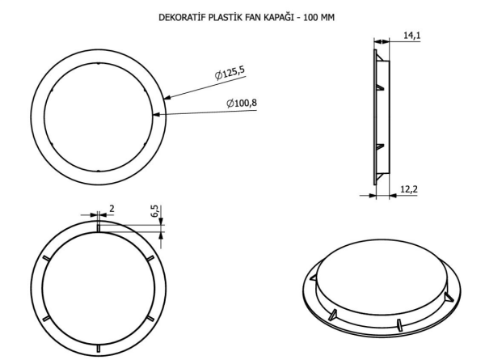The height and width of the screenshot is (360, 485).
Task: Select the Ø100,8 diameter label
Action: pos(242,103)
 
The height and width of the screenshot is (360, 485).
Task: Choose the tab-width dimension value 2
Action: pos(112,208)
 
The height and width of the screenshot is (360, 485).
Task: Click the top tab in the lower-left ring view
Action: pos(97,227)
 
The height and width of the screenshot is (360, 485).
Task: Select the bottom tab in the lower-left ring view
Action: pos(97,349)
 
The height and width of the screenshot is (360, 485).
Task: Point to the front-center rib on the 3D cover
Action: pos(399,323)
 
